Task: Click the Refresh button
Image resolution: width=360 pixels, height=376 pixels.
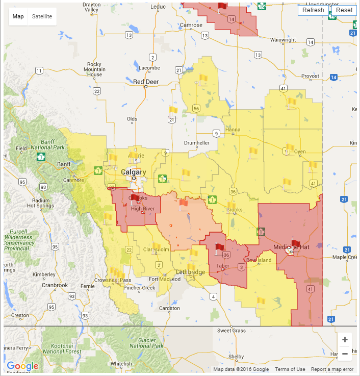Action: point(313,10)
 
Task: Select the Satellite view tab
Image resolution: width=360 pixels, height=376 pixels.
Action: point(42,16)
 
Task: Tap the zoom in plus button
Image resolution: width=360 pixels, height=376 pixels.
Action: point(345,340)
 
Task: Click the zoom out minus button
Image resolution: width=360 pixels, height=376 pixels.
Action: point(345,354)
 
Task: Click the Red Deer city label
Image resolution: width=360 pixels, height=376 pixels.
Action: point(145,82)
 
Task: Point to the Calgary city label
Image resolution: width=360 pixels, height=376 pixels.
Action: point(134,172)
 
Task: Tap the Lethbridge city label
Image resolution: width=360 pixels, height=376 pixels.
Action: point(190,272)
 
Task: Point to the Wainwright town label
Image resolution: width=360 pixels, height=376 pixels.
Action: point(283,40)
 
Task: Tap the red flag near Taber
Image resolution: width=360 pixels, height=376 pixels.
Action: point(220,247)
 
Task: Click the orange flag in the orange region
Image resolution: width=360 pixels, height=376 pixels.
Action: point(183,203)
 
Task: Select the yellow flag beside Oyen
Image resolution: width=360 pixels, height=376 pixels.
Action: point(289,148)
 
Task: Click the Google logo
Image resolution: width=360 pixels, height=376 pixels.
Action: point(22,366)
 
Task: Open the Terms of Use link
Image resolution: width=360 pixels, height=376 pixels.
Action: point(290,369)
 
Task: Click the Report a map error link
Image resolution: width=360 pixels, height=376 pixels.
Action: point(332,369)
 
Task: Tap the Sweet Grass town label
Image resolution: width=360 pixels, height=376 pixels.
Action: point(231,331)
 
